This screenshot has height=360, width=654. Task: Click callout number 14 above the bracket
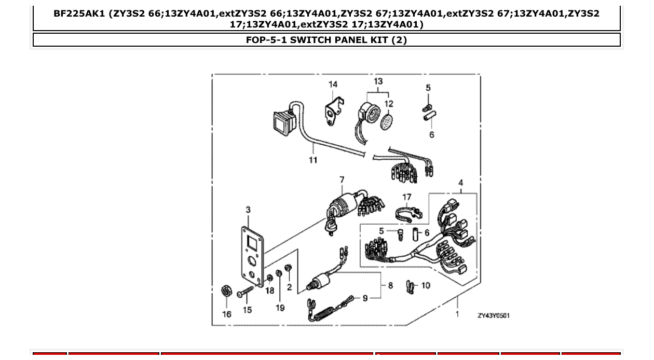(x=333, y=85)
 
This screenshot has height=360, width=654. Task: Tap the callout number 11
(x=313, y=160)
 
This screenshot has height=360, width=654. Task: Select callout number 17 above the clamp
(x=407, y=197)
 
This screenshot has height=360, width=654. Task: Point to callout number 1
(x=457, y=314)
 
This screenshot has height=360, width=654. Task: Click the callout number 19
(x=280, y=308)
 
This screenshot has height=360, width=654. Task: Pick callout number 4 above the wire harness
(x=460, y=183)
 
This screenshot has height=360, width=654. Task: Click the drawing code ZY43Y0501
(x=494, y=315)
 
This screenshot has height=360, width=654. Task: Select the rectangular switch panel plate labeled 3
(x=252, y=254)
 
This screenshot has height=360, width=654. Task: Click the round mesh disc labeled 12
(x=386, y=122)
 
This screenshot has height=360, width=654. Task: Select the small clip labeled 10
(x=410, y=286)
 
